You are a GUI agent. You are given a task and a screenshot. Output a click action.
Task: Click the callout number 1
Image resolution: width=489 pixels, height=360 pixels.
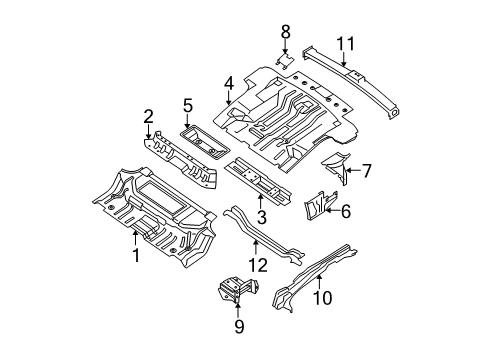point(136,255)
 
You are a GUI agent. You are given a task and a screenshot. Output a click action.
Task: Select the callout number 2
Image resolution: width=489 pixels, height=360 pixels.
point(148,117)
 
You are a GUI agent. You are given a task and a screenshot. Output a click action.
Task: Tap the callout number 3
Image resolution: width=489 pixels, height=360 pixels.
point(262,217)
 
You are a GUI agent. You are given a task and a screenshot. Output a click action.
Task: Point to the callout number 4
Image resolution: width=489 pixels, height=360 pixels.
point(229,83)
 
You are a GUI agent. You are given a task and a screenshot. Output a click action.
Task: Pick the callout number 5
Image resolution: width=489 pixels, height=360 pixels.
point(188,105)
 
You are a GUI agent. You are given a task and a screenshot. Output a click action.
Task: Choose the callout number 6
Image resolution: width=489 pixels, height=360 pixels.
point(346,211)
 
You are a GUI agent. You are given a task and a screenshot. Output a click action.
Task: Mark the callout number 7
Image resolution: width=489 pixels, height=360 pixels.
point(366,171)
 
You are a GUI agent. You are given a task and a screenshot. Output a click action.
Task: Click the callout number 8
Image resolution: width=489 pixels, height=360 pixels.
point(285,32)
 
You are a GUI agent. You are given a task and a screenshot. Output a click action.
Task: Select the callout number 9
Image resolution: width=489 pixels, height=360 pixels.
point(239,326)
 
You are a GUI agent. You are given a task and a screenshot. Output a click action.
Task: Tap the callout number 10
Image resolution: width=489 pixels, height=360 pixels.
point(322,298)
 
